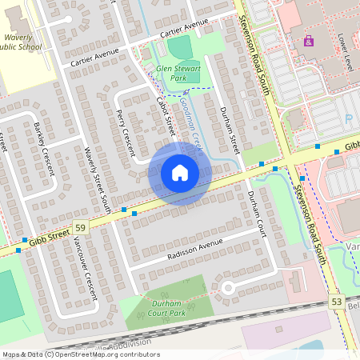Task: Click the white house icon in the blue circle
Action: (179, 173)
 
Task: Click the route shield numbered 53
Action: (335, 301)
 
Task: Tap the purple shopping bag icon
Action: (308, 40)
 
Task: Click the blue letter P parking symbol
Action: (349, 118)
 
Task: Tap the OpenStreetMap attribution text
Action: (80, 354)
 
